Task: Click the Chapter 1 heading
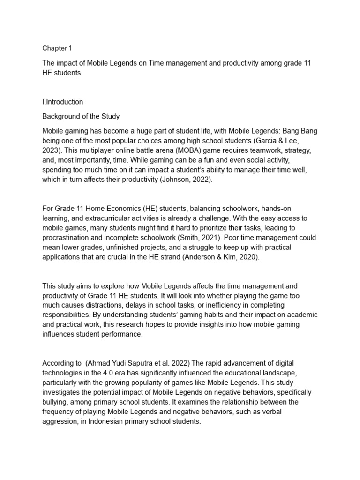(x=57, y=48)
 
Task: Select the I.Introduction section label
(x=63, y=102)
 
